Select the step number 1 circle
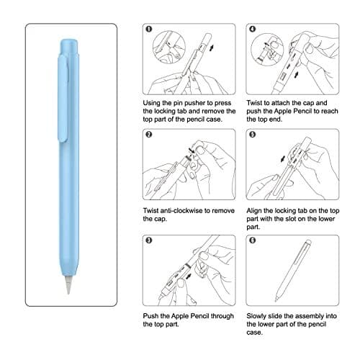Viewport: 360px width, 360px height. click(148, 31)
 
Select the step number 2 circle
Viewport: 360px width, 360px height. click(148, 135)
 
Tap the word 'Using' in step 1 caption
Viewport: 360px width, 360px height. click(154, 102)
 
